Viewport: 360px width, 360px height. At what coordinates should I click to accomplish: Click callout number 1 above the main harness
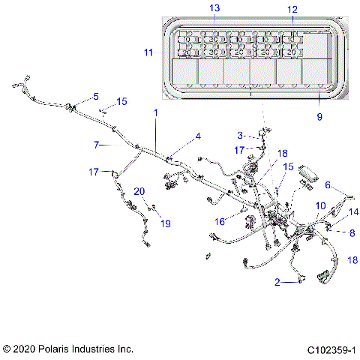coord(156,112)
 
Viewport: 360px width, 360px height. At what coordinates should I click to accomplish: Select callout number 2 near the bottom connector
coord(277,282)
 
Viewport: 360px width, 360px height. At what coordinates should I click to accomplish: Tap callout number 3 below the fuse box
coord(240,136)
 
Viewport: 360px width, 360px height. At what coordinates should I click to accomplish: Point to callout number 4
coord(198,136)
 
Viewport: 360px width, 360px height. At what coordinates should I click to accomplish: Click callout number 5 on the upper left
coord(95,97)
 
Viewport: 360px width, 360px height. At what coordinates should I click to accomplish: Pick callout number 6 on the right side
coord(327,184)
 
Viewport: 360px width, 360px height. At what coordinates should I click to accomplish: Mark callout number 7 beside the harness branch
coord(96,144)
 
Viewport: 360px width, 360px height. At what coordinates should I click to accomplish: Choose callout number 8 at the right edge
coord(352,232)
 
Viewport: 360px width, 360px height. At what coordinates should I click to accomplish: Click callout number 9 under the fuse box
coord(319,117)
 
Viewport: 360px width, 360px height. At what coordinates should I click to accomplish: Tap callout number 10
coord(320,205)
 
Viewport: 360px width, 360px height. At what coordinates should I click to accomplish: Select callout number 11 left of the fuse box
coord(148,52)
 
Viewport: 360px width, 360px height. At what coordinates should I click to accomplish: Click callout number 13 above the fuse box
coord(214,7)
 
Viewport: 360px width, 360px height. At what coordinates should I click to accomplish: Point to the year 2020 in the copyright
coord(25,349)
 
